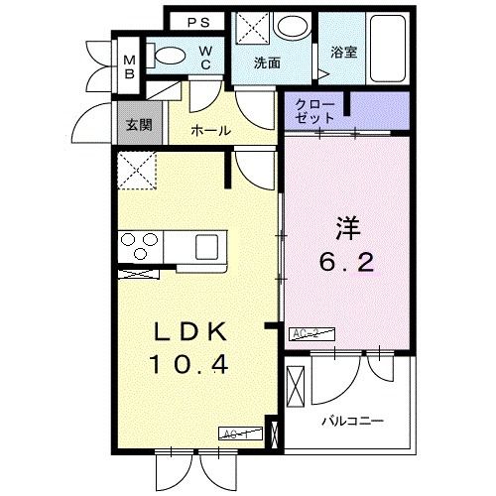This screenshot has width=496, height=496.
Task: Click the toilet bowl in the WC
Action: point(172,58)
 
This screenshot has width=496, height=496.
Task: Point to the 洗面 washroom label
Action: point(266,62)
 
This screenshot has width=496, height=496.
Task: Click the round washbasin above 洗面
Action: point(292,26)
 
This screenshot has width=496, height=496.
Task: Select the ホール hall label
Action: point(211,130)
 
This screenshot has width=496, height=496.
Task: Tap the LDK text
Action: point(190,331)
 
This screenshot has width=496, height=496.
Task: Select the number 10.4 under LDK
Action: point(190,364)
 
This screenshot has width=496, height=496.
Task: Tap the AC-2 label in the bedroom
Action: point(310,334)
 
